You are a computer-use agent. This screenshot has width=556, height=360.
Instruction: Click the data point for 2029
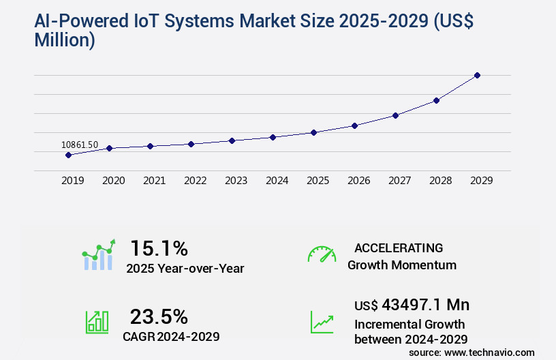(x=477, y=75)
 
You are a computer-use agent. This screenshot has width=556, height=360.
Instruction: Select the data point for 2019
(x=68, y=155)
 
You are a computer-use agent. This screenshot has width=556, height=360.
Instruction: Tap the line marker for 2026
(x=354, y=125)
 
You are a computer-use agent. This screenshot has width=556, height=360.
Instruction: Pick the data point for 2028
(x=436, y=100)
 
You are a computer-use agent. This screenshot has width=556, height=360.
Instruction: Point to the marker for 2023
(x=232, y=140)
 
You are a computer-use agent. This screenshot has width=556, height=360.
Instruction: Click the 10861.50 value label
(x=80, y=145)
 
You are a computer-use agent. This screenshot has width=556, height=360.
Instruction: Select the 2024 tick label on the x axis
(x=277, y=181)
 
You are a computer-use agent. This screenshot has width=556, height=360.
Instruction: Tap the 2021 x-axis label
(x=154, y=181)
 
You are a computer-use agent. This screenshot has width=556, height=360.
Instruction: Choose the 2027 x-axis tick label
(x=399, y=181)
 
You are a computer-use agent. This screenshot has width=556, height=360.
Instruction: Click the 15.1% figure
(x=159, y=248)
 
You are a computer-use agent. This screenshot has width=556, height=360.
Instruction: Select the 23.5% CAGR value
(x=159, y=316)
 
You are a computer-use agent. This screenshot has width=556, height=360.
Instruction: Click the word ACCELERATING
(x=399, y=248)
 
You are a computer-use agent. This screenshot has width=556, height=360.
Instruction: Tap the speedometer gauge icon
(x=322, y=254)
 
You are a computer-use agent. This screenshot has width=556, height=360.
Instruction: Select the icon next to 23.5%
(x=97, y=322)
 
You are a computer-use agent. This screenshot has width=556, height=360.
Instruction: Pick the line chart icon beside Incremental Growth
(x=322, y=322)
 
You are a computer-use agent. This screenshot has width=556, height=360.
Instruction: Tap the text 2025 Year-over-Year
(x=185, y=269)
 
